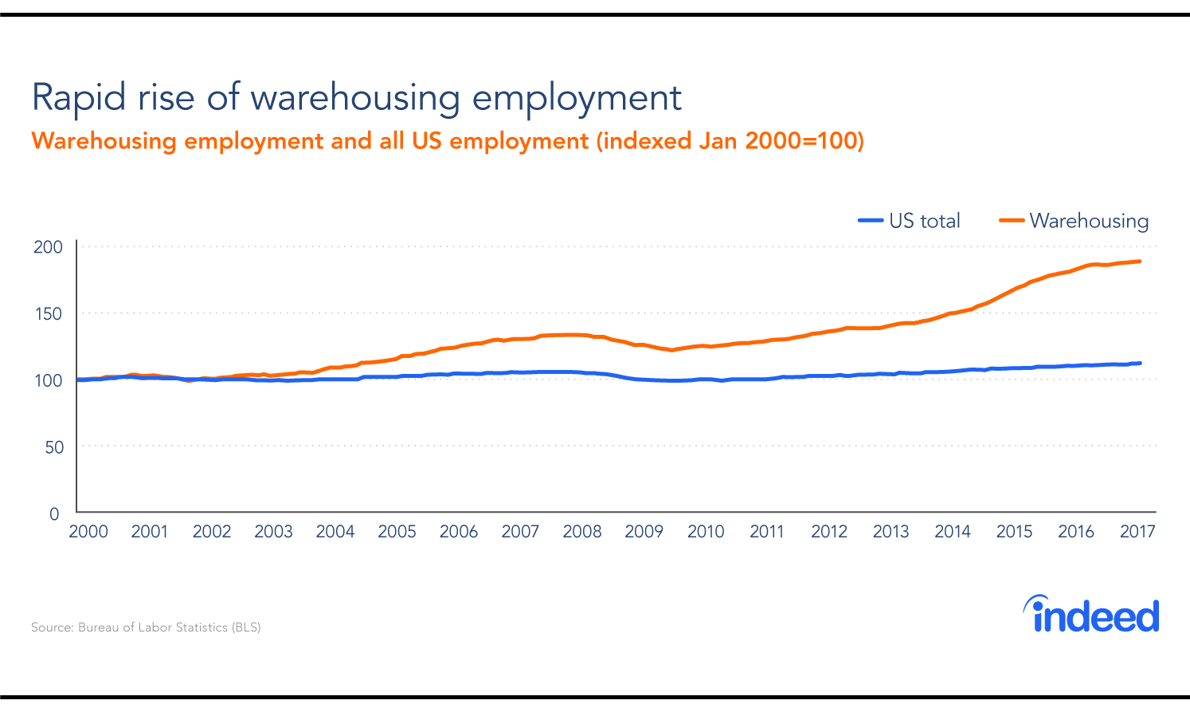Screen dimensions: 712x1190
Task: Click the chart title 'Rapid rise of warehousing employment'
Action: tap(356, 98)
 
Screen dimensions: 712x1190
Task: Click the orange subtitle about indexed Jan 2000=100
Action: tap(447, 141)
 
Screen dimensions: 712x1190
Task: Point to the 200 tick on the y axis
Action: tap(48, 247)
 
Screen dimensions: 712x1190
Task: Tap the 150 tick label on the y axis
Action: tap(48, 314)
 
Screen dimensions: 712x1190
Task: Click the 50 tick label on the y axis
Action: tap(53, 447)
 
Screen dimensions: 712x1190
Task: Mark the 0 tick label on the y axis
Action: tap(54, 514)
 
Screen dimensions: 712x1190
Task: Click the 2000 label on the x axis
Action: tap(88, 532)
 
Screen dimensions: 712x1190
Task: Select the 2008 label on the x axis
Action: tap(582, 532)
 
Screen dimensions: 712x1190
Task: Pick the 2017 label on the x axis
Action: tap(1137, 532)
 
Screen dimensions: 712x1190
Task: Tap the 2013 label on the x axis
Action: tap(891, 532)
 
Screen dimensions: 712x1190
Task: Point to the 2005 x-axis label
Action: tap(397, 532)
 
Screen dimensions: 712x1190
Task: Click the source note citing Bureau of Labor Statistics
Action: tap(146, 627)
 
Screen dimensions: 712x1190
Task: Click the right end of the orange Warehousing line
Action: tap(1139, 262)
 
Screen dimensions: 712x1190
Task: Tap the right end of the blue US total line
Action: tap(1139, 364)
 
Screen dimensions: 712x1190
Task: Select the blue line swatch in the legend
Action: tap(871, 221)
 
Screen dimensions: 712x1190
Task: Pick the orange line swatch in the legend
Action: tap(1012, 221)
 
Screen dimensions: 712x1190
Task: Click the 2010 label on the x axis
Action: tap(706, 532)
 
